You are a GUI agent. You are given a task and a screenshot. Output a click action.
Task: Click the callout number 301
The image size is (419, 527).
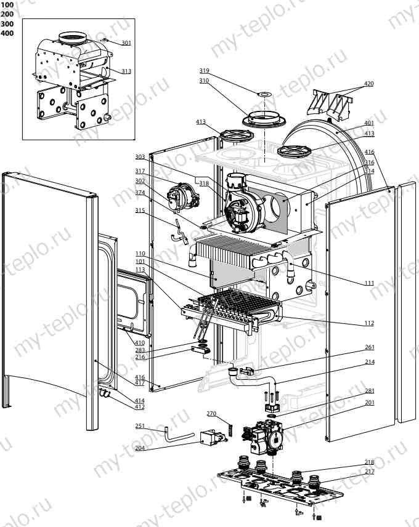tap(126, 42)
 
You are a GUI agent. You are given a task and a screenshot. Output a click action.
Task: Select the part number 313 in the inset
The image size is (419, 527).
tap(126, 71)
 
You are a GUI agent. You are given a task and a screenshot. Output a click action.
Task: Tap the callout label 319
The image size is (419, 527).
tap(204, 70)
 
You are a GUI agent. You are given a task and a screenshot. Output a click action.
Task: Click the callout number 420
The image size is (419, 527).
tap(368, 83)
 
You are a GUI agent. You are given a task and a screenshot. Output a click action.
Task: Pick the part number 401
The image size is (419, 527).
tap(368, 123)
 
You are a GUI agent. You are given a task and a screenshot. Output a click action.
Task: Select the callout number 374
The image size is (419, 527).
tap(140, 192)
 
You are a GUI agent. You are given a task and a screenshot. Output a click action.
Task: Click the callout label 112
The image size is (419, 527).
tap(368, 323)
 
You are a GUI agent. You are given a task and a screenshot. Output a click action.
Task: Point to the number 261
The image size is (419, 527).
tap(368, 348)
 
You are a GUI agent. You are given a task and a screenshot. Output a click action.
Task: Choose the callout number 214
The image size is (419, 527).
tap(368, 363)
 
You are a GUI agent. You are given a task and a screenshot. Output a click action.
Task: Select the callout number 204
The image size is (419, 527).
tap(140, 448)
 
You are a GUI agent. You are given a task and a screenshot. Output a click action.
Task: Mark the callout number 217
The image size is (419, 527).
tap(368, 472)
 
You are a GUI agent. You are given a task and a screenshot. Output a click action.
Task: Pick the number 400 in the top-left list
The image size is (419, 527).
tap(7, 33)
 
